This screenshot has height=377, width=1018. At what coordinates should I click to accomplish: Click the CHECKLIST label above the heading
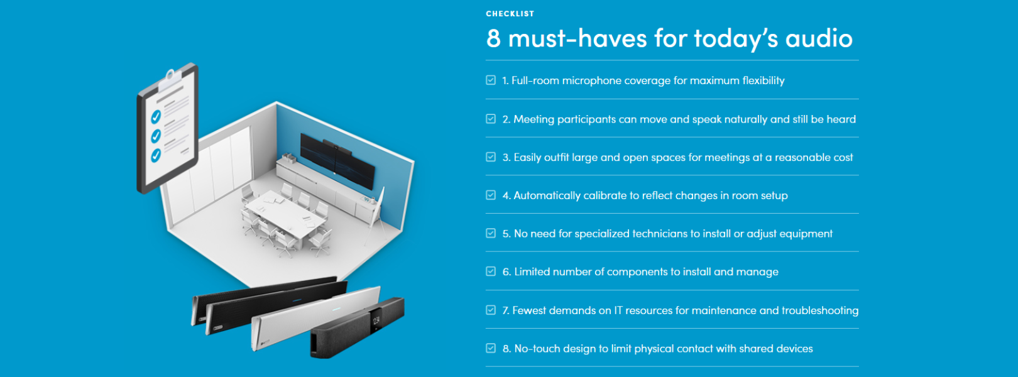coord(510,14)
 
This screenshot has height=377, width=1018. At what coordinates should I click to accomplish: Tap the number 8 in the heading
coord(493,38)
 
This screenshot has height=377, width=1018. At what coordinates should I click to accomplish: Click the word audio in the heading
coord(819,38)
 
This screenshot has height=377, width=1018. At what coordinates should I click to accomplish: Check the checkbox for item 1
coord(491,80)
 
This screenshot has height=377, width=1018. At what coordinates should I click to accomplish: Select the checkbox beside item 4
coord(491,195)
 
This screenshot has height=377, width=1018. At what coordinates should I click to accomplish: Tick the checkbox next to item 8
coord(491,348)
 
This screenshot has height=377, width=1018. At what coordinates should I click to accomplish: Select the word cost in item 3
coord(843,158)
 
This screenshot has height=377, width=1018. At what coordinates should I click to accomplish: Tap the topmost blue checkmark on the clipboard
coord(156,117)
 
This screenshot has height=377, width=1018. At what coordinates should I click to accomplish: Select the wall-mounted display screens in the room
coord(337,160)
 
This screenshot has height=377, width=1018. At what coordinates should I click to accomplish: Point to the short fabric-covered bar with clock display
coord(357,328)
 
